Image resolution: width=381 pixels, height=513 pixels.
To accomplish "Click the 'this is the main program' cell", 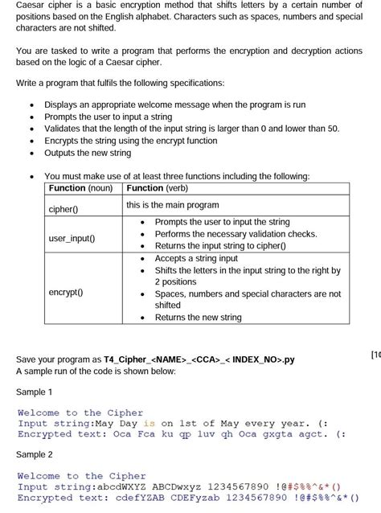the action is click(x=173, y=205).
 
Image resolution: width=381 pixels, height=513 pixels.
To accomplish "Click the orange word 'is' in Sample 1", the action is click(x=149, y=424).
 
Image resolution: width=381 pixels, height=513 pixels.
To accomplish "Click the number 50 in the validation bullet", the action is click(x=333, y=128).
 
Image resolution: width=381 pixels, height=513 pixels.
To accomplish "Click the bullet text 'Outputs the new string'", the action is click(x=88, y=153).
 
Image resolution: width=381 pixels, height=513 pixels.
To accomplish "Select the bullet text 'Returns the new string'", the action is click(x=198, y=318).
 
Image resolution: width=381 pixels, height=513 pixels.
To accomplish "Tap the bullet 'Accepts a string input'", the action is click(x=196, y=259).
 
